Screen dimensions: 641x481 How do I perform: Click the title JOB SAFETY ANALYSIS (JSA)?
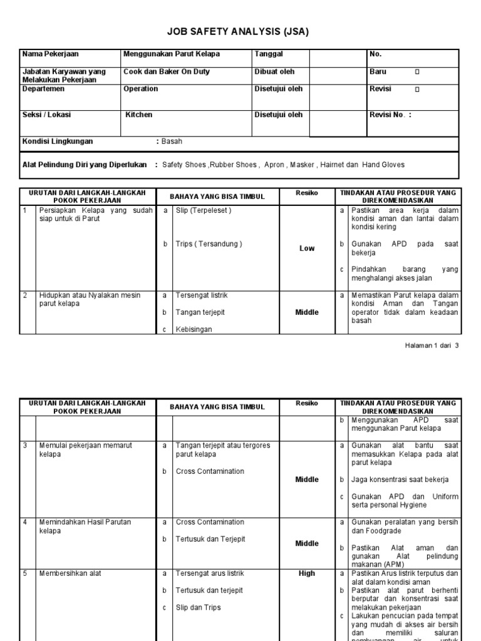tap(237, 32)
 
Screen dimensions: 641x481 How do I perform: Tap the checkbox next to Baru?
tap(418, 72)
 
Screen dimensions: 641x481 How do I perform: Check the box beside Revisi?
tap(418, 90)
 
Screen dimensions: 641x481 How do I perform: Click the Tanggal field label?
tap(268, 54)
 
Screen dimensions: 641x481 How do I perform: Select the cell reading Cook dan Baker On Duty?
tap(167, 72)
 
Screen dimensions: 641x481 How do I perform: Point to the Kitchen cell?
tap(139, 115)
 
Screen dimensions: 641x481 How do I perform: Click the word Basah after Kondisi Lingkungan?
tap(172, 141)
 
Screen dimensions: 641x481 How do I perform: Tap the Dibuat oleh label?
tap(274, 72)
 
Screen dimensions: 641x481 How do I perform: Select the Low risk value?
tap(307, 249)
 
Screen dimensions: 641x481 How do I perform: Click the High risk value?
tap(307, 573)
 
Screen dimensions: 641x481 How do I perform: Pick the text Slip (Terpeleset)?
tap(204, 211)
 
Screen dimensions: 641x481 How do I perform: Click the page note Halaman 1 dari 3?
tap(433, 345)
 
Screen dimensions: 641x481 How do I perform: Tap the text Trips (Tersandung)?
tap(209, 244)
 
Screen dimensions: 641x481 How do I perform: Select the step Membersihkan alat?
tap(70, 573)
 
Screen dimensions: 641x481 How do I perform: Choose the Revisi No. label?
tap(390, 115)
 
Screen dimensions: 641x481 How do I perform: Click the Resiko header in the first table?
tap(307, 193)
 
